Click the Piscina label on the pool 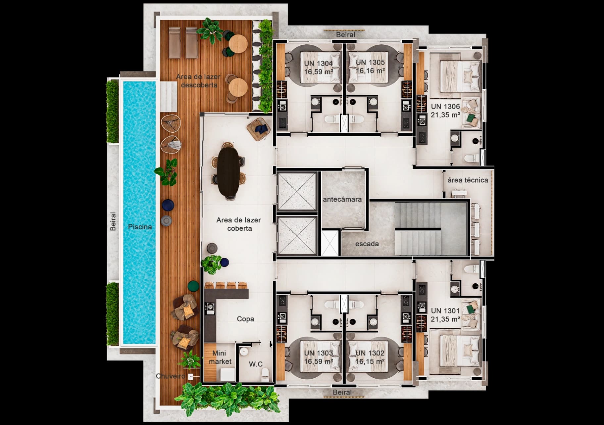[x=140, y=227]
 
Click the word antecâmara [x=342, y=199]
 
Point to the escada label [x=367, y=244]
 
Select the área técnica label [x=468, y=180]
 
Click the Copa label [x=245, y=319]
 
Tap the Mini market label [x=220, y=357]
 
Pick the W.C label [x=256, y=364]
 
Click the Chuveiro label [x=171, y=376]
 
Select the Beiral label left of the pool [x=113, y=221]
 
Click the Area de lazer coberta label [x=239, y=224]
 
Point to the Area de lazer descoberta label [x=198, y=81]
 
